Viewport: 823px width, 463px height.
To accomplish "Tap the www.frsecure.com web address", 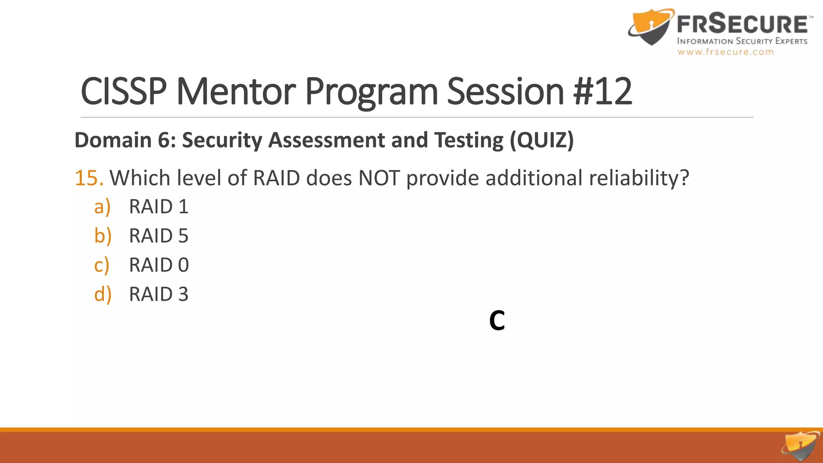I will point(725,52).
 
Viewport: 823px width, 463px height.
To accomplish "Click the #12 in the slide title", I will point(603,92).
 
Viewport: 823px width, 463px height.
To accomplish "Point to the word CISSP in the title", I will point(124,92).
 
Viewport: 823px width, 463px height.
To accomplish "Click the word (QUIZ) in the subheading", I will point(542,140).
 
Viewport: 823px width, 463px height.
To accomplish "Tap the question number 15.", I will point(89,178).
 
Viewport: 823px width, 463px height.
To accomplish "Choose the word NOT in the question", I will point(379,178).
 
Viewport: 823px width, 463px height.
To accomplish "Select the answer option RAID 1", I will point(158,207).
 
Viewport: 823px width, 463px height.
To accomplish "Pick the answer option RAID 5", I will point(158,236).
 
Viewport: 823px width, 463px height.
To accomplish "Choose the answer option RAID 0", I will point(159,265).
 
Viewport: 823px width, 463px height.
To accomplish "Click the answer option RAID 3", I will point(158,294).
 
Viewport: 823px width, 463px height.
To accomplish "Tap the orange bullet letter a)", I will point(102,207).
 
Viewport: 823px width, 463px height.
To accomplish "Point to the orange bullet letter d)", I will point(102,294).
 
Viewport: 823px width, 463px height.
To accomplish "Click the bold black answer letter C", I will point(497,321).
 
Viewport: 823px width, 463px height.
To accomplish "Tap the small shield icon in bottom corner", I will point(800,446).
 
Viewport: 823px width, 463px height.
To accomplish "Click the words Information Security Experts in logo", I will point(742,41).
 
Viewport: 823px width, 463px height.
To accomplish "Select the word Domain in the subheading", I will point(113,140).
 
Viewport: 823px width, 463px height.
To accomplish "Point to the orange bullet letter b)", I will point(102,236).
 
